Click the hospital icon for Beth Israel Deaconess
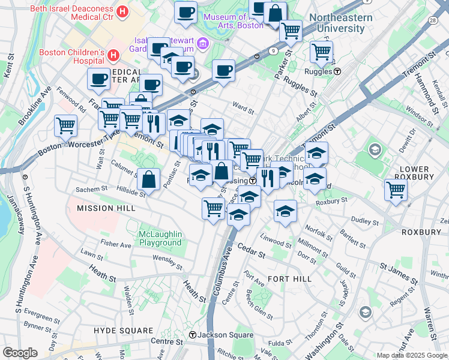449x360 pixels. (x=122, y=11)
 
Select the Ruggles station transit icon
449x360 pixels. (x=337, y=71)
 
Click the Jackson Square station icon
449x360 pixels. (x=192, y=335)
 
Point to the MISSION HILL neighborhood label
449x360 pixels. (x=103, y=208)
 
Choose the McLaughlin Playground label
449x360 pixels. (x=160, y=238)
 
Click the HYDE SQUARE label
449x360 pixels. (x=124, y=331)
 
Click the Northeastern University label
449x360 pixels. (x=341, y=23)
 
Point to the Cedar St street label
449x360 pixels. (x=251, y=250)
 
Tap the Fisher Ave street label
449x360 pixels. (x=116, y=245)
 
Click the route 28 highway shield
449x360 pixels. (x=433, y=20)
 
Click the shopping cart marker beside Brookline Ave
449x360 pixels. (x=65, y=125)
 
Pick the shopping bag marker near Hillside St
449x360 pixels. (x=149, y=178)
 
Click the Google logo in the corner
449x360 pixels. (x=19, y=353)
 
